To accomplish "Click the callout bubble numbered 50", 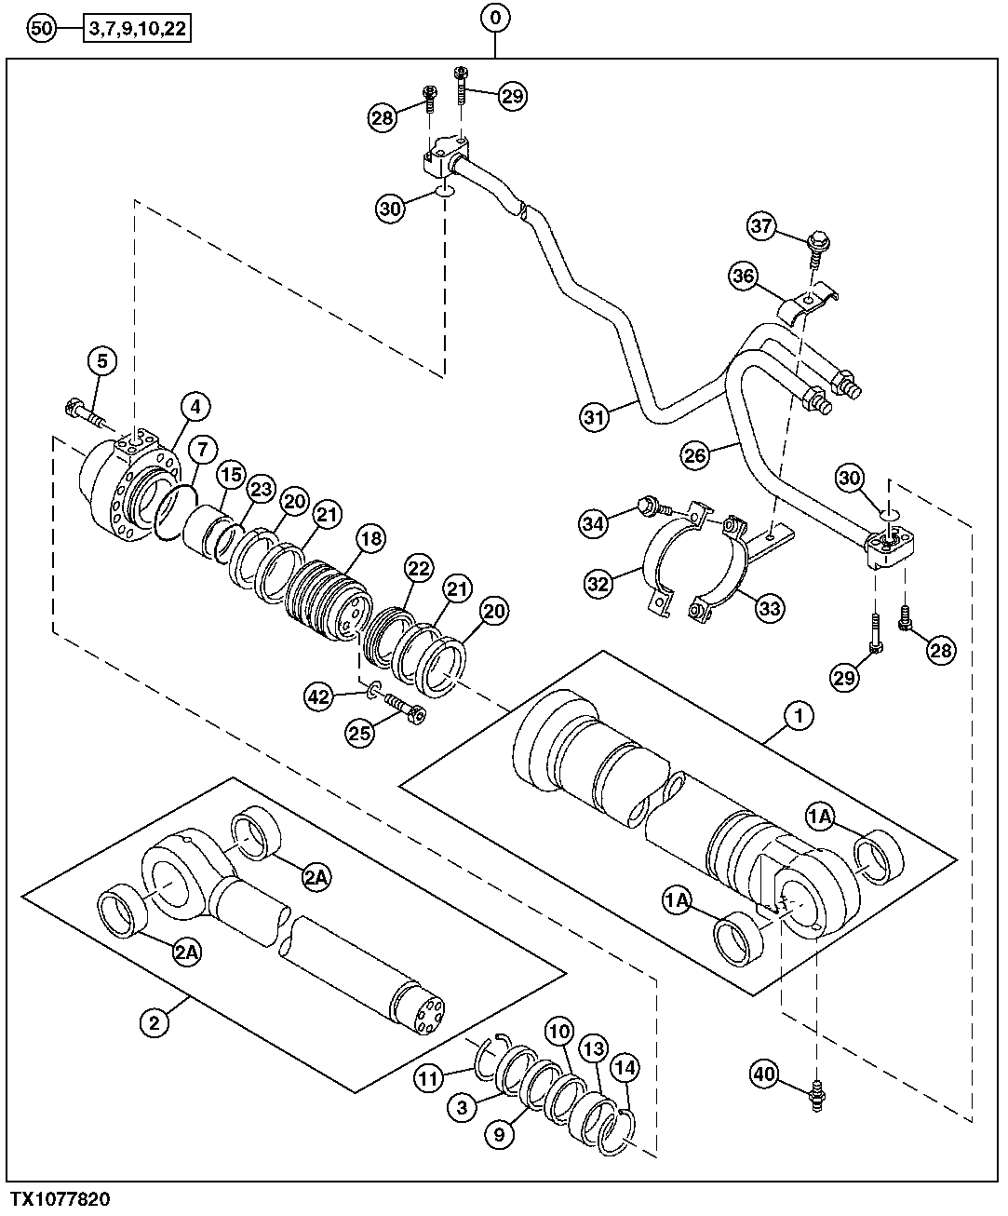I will (x=42, y=29).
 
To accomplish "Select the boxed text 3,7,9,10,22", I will (x=138, y=30).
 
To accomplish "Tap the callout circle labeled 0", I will (x=495, y=16).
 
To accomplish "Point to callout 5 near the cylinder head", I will (x=102, y=361).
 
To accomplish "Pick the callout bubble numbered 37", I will (x=763, y=226).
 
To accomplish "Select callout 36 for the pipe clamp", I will (x=745, y=277).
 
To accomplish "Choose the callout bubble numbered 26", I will (x=696, y=454).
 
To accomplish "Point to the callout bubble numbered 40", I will (x=765, y=1075).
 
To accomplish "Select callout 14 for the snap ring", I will (x=625, y=1069).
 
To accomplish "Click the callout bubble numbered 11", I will (x=429, y=1079).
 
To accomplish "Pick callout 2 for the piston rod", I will (x=155, y=1022).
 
